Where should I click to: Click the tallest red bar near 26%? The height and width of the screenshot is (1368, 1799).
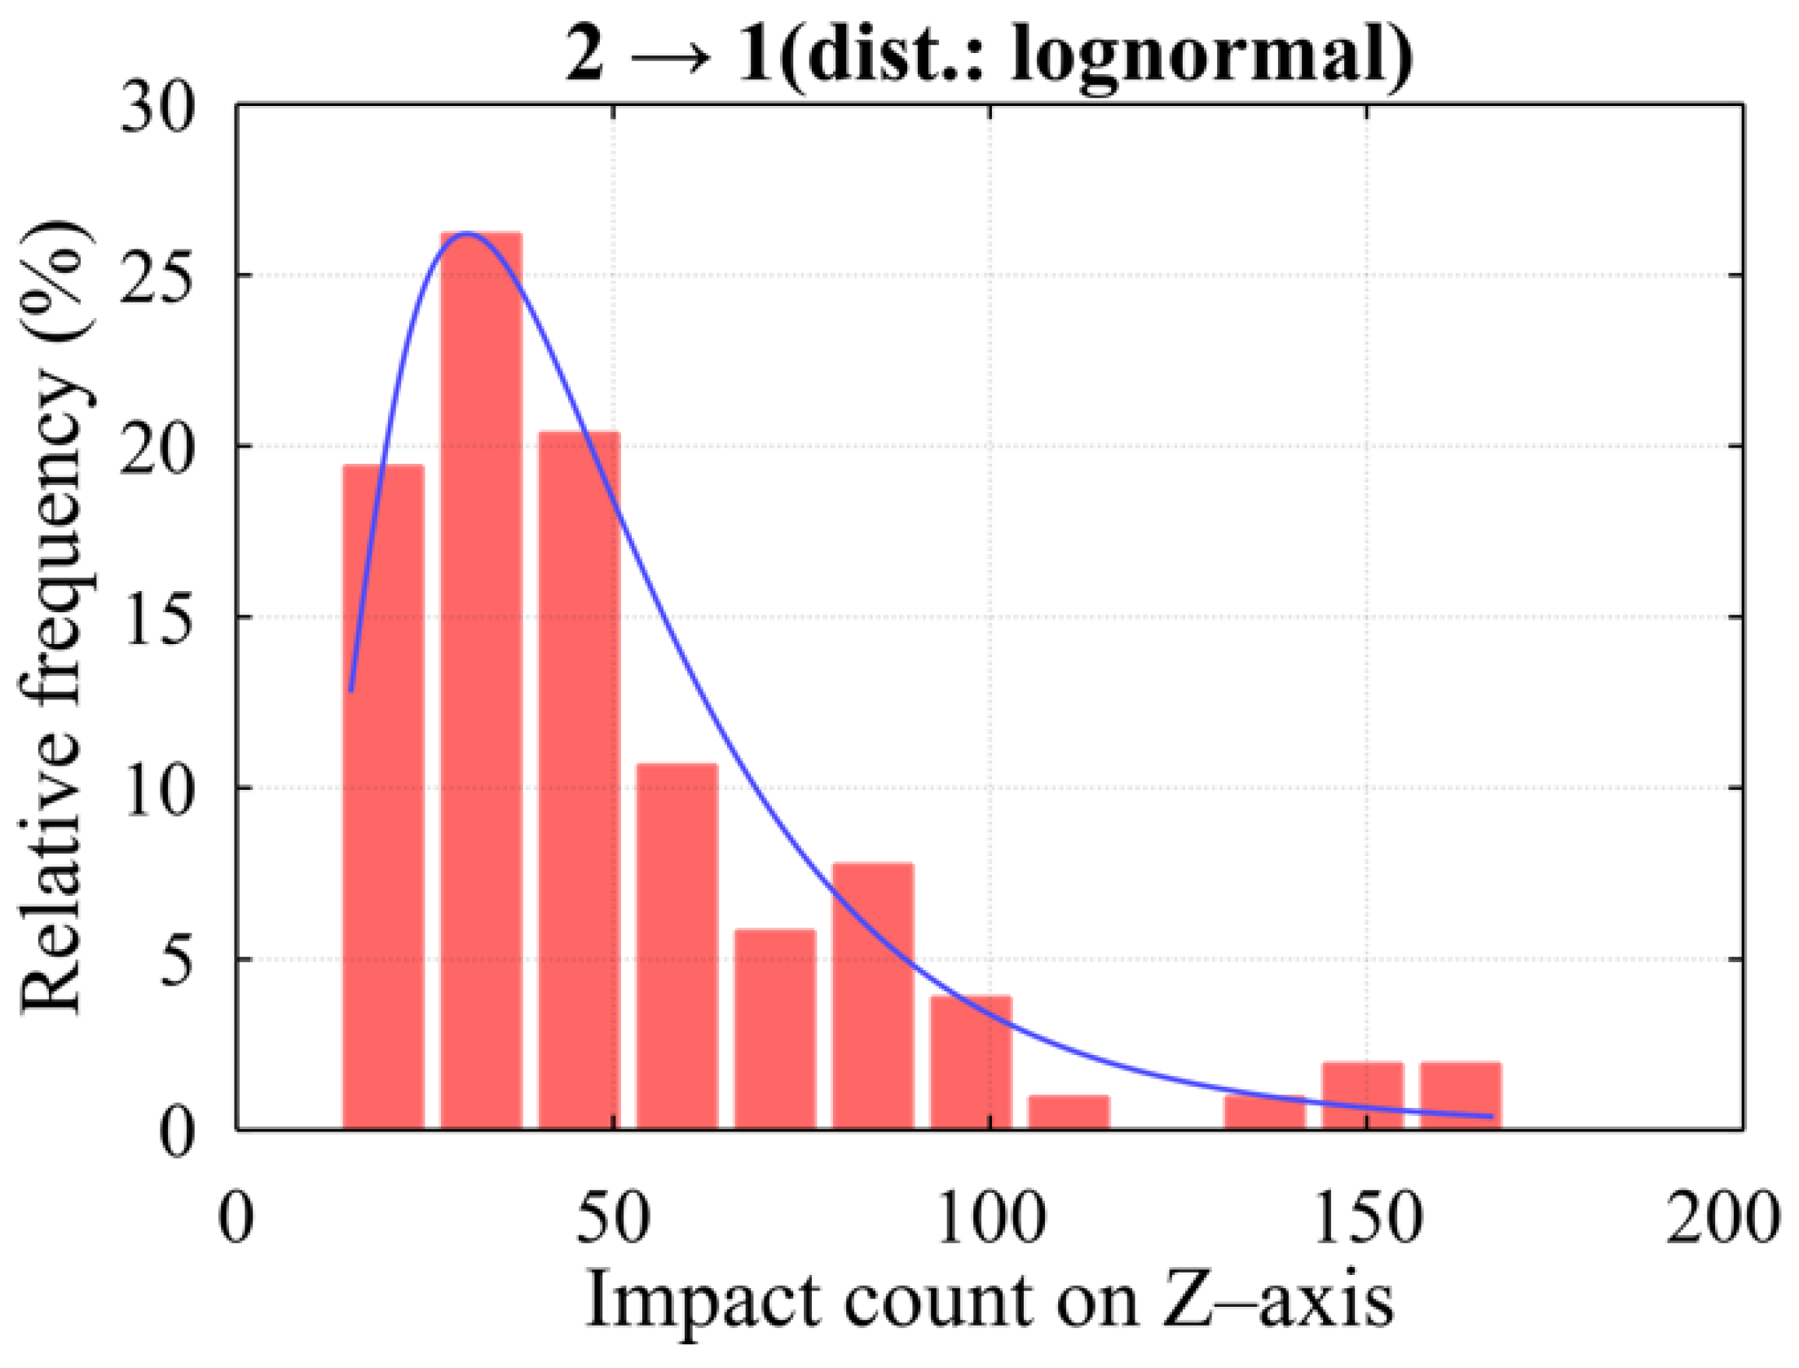[x=481, y=685]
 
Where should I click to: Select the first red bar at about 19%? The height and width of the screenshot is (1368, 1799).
[x=383, y=799]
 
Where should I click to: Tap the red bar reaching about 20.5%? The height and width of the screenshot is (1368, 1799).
[x=579, y=783]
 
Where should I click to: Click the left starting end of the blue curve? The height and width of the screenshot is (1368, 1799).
[x=351, y=690]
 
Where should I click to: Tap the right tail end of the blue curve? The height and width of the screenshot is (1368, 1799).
[x=1491, y=1116]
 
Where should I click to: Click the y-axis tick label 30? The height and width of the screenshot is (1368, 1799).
[x=158, y=109]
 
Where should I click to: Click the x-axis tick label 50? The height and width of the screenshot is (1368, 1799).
[x=613, y=1220]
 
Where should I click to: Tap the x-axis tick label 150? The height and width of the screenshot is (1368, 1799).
[x=1367, y=1220]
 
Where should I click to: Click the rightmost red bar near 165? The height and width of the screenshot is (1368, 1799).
[x=1460, y=1097]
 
